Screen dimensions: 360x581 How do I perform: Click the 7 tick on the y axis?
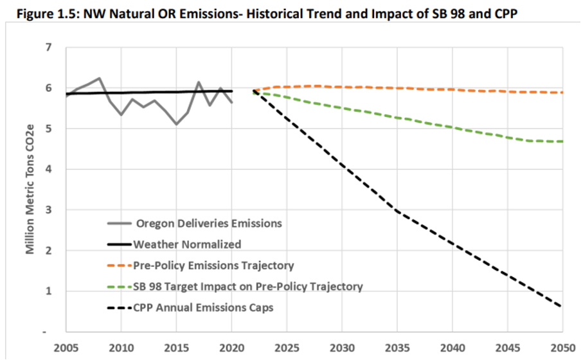[x=48, y=48]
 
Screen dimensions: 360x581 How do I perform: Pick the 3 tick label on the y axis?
[x=48, y=210]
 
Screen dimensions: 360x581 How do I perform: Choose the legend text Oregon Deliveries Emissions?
[x=209, y=224]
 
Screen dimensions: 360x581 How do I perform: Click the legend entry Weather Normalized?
[x=187, y=244]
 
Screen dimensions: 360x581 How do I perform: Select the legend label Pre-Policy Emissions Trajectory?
[x=213, y=265]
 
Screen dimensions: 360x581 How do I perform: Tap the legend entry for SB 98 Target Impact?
[x=248, y=287]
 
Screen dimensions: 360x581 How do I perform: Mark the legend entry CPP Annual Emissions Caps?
[x=203, y=308]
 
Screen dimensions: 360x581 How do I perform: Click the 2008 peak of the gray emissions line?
[x=99, y=78]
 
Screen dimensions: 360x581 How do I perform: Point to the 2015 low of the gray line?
[x=176, y=124]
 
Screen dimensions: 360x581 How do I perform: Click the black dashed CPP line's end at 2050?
[x=561, y=306]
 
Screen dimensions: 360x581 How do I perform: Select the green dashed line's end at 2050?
[x=561, y=141]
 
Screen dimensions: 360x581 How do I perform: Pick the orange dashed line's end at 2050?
[x=561, y=93]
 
